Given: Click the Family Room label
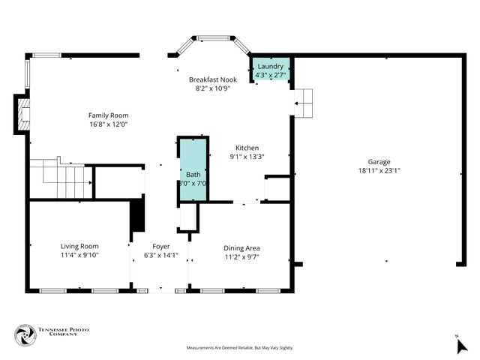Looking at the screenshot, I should point(108,115).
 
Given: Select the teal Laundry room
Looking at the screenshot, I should point(270,71).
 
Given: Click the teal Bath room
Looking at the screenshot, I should point(193,169).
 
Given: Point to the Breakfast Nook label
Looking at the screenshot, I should point(212,79).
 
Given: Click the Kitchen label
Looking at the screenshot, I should point(247,148).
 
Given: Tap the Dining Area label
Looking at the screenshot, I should point(242,247).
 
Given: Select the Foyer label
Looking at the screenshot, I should point(161,246).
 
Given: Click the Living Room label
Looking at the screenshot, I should point(79,246).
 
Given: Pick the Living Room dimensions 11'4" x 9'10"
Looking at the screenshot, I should point(79,256).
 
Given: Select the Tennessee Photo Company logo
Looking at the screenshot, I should point(25,335).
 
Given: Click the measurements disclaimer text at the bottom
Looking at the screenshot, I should point(239,348).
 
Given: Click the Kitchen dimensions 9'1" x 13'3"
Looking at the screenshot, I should point(247,157).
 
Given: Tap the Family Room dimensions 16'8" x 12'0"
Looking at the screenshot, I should point(108,124).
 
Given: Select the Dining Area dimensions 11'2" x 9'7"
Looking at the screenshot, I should point(242,256).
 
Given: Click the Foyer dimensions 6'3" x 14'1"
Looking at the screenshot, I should point(161,256).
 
